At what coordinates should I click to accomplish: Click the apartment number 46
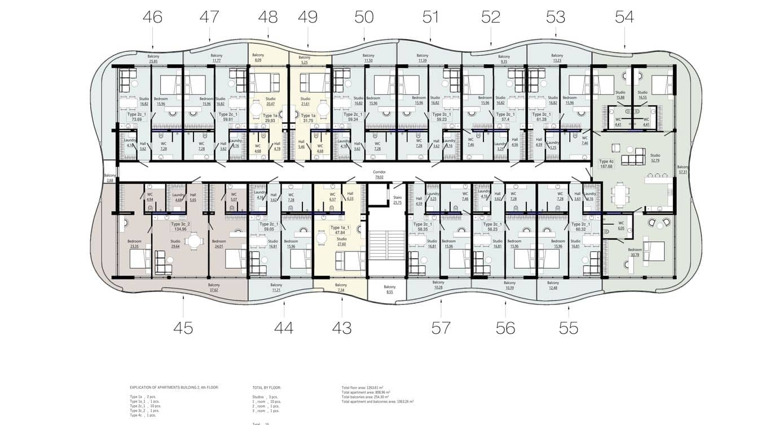pos(152,17)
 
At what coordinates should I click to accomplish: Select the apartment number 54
pos(624,17)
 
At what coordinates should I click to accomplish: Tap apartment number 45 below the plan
pos(183,327)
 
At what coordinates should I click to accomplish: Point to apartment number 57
pos(441,327)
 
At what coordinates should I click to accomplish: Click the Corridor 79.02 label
pos(378,175)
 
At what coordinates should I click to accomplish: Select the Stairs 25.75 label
pos(397,200)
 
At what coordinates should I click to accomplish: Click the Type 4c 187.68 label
pos(606,163)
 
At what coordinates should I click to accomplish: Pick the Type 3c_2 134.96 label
pos(180,227)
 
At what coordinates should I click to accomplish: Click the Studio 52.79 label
pos(655,158)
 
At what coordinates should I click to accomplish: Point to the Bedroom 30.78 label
pos(635,252)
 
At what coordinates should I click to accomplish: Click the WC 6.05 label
pos(620,226)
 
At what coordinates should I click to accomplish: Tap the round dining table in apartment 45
pos(195,242)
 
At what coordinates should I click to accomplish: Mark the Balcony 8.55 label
pos(389,289)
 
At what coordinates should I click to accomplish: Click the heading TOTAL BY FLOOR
pos(267,388)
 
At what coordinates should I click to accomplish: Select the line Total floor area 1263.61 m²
pos(362,388)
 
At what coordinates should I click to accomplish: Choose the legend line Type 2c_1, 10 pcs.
pos(145,406)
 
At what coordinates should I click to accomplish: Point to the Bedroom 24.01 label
pos(233,244)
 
